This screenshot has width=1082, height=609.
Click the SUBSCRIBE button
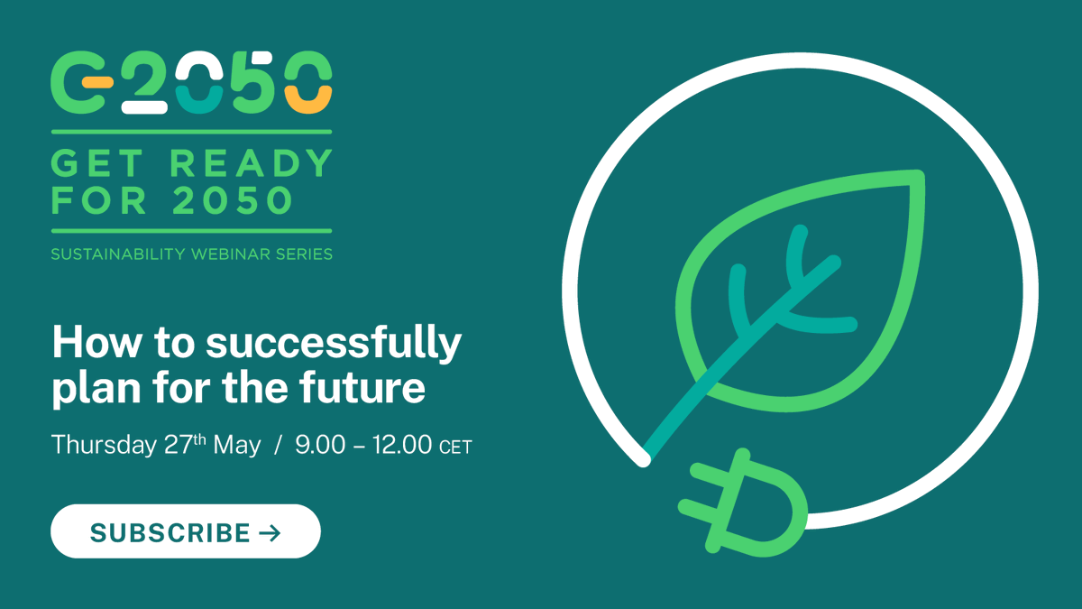(x=185, y=531)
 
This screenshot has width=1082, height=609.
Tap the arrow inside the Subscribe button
(x=270, y=533)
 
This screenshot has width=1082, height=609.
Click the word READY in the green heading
(x=252, y=163)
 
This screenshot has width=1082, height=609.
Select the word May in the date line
(x=236, y=445)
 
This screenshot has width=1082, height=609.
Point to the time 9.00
(x=320, y=445)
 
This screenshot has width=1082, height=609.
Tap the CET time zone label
(x=455, y=447)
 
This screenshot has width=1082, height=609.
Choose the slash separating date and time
(x=279, y=445)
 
